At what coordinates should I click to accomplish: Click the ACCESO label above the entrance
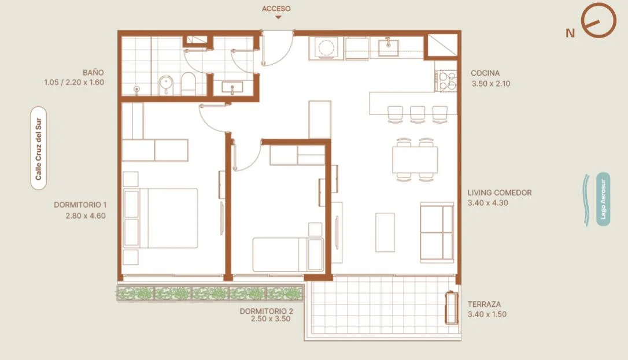276,9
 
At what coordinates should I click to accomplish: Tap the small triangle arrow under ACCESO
278,17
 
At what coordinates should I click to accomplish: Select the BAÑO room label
93,72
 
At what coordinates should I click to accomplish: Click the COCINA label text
485,73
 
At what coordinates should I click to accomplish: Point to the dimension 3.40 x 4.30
488,203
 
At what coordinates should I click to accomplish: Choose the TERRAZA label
484,304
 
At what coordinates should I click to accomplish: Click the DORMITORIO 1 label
80,205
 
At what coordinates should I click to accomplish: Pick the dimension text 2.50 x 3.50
271,319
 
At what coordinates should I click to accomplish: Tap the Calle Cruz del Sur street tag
38,149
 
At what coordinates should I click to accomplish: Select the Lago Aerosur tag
603,199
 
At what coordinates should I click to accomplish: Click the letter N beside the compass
570,33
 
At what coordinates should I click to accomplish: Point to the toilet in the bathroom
189,84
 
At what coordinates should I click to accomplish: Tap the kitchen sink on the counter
389,47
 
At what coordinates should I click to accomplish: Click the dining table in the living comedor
415,159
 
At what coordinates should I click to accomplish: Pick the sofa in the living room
437,232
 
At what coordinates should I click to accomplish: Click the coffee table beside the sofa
385,232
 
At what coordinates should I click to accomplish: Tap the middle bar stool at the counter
418,113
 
